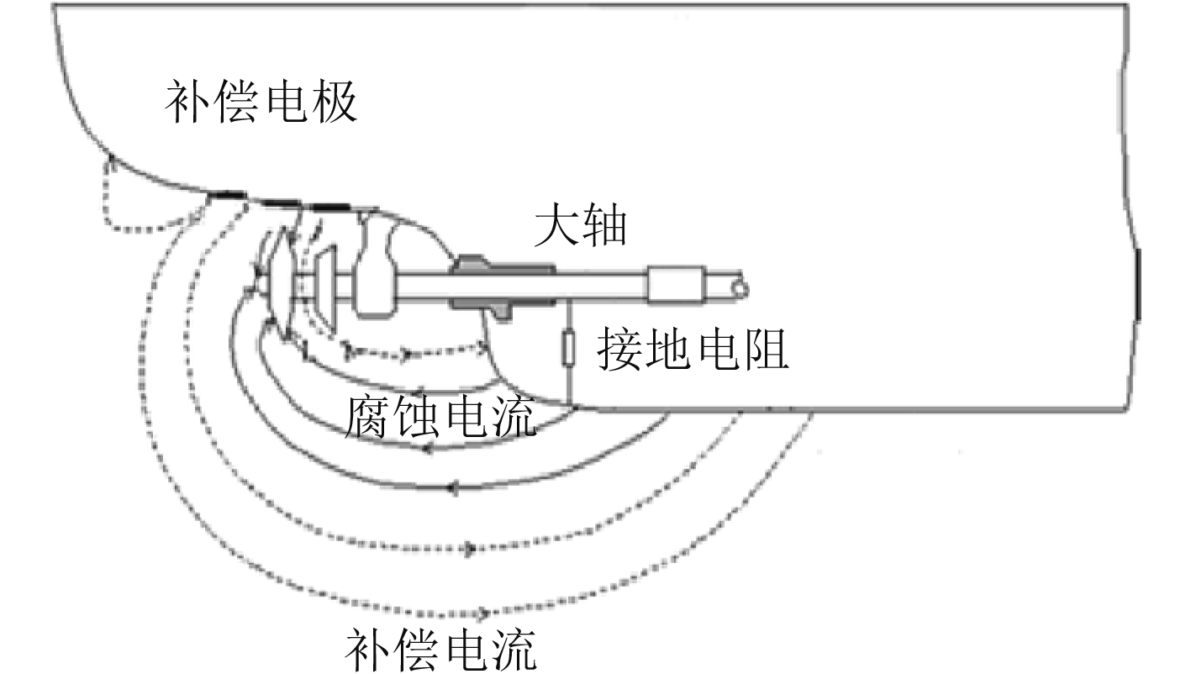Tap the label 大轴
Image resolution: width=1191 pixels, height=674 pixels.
581,227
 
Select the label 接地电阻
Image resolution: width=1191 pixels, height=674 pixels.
693,351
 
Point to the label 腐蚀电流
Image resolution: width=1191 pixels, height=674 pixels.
440,418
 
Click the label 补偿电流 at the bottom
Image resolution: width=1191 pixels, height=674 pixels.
440,650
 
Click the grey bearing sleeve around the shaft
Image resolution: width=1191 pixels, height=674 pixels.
502,286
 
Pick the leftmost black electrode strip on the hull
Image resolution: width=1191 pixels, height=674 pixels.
229,196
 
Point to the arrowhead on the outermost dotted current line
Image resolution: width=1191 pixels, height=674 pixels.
482,613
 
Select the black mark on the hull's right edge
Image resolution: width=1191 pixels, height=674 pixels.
1138,284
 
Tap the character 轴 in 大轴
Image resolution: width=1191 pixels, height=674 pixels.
605,227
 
